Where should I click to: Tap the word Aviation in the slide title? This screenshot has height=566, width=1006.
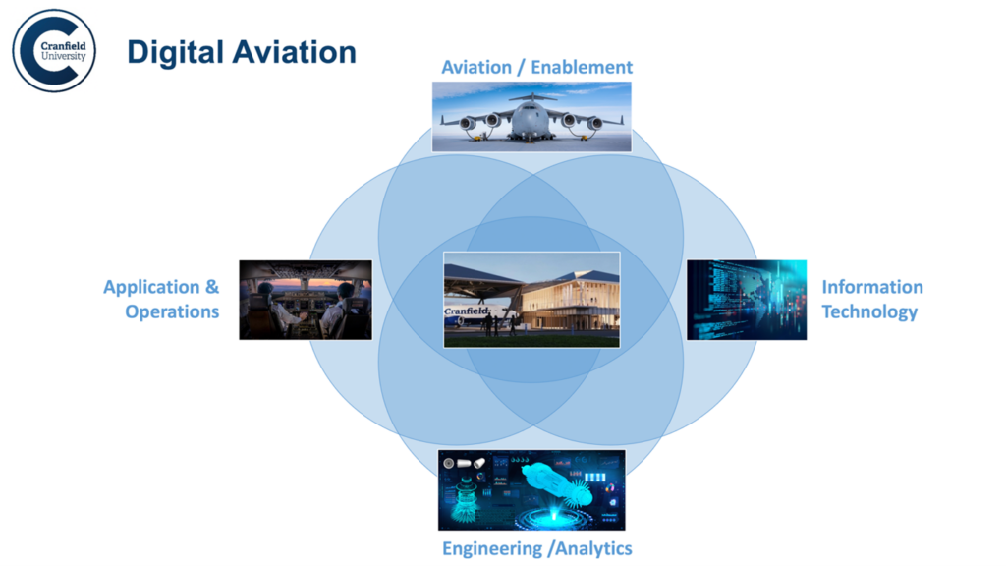pyautogui.click(x=293, y=52)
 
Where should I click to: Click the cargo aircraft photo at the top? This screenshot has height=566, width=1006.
pyautogui.click(x=531, y=116)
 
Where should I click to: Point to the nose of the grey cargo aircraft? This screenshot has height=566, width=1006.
pyautogui.click(x=531, y=122)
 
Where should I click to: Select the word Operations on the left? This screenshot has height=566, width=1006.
pyautogui.click(x=172, y=311)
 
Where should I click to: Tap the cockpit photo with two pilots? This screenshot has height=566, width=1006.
pyautogui.click(x=306, y=300)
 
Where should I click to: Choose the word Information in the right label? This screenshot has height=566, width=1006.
pyautogui.click(x=872, y=287)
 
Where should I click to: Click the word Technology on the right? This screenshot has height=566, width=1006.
pyautogui.click(x=869, y=311)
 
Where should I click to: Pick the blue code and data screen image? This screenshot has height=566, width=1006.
pyautogui.click(x=746, y=300)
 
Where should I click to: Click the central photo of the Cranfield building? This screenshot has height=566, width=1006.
pyautogui.click(x=531, y=299)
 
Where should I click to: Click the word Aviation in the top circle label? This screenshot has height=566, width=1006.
pyautogui.click(x=476, y=67)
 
